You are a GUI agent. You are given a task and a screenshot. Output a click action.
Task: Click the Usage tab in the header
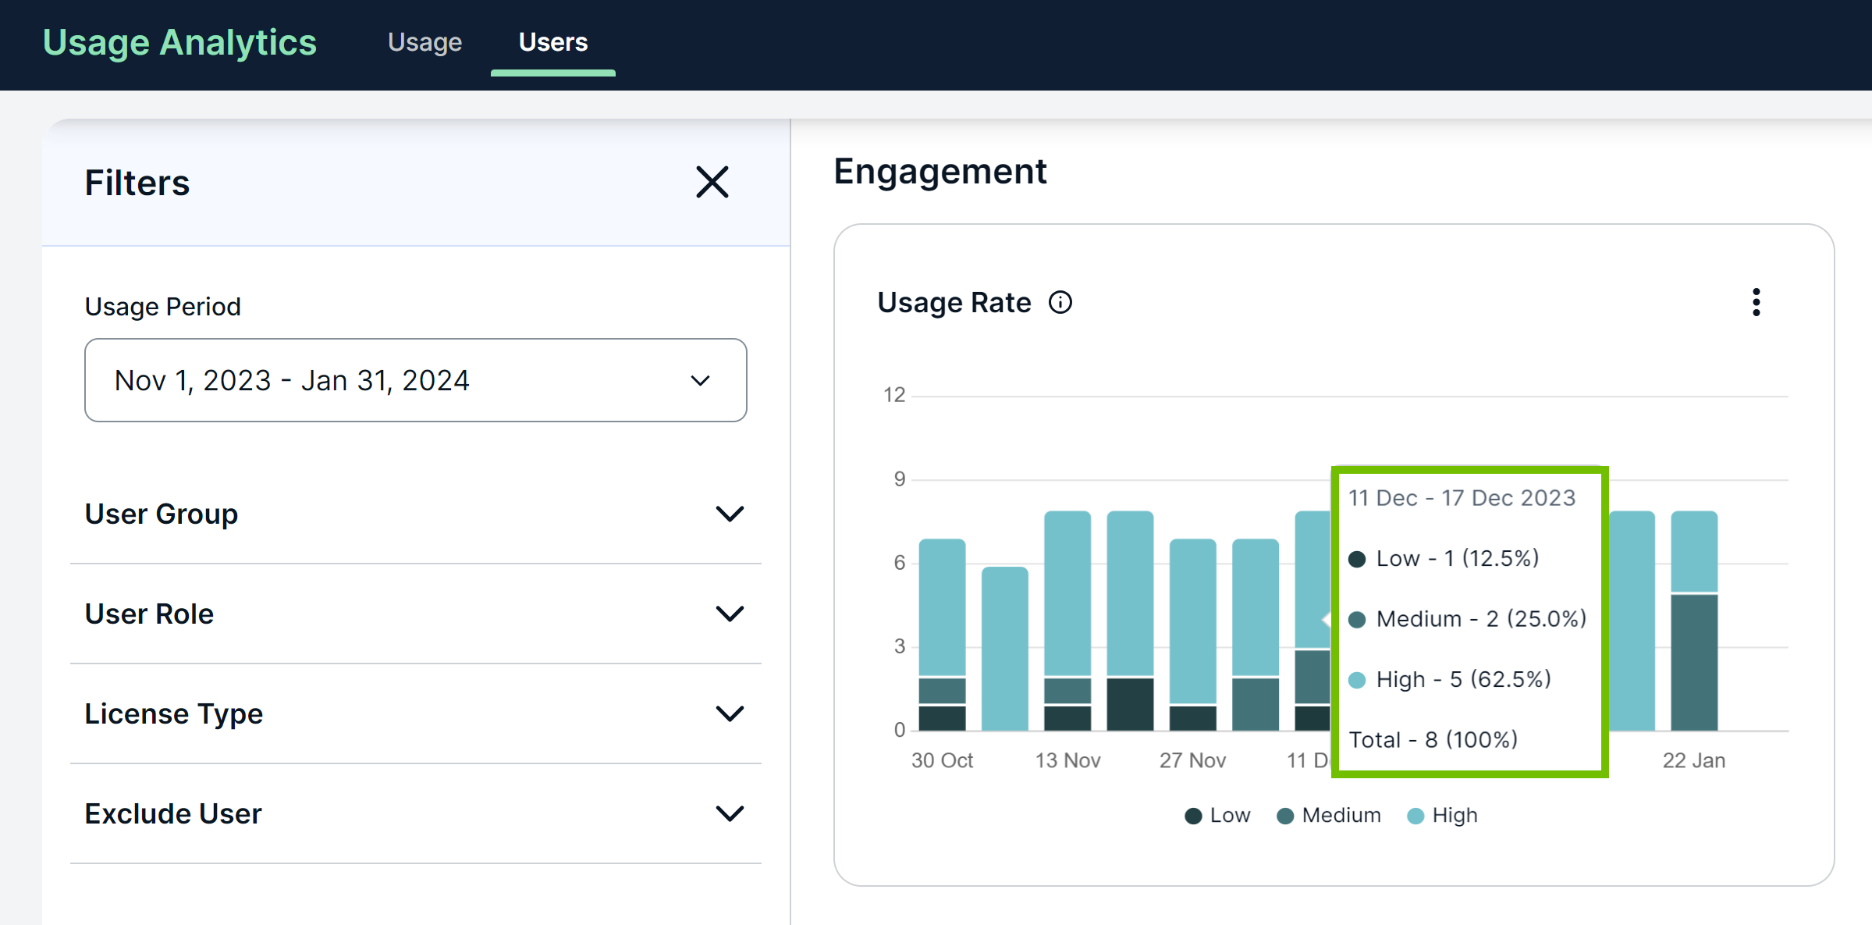pos(424,42)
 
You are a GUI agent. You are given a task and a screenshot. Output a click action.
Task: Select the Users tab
pos(552,42)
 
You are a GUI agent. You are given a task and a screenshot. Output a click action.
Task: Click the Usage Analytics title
pos(179,42)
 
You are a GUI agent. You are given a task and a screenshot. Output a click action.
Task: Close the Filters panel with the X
pos(712,182)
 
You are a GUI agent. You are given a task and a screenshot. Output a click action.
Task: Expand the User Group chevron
pos(730,514)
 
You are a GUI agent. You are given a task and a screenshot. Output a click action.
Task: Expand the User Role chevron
pos(730,614)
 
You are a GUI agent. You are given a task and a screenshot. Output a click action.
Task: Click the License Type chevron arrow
pos(730,713)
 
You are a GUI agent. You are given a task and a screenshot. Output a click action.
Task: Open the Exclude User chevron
pos(730,813)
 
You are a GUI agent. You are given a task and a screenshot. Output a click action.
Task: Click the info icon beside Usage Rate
pos(1060,302)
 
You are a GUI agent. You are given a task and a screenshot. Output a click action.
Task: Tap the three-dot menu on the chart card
pos(1756,302)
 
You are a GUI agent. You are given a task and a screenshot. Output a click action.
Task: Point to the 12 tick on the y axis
pos(894,395)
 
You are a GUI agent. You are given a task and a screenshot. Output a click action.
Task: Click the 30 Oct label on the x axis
pos(942,760)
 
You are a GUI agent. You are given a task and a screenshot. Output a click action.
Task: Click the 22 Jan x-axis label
pos(1693,760)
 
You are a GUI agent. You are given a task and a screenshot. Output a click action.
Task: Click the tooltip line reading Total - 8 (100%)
pos(1433,739)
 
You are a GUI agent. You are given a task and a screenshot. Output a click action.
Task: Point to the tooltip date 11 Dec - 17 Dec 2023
pos(1462,498)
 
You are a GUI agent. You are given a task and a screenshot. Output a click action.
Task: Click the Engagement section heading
pos(940,171)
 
